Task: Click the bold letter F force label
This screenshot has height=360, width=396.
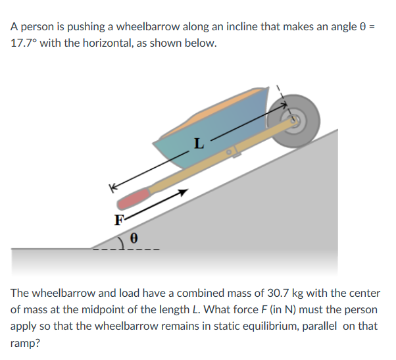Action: point(119,220)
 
